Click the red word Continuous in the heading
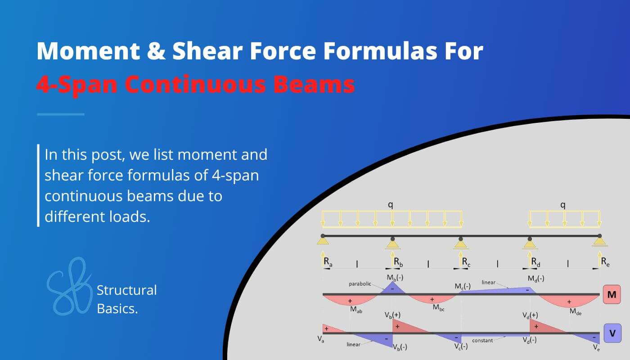coord(215,84)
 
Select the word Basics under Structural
coord(117,308)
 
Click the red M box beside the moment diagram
coord(612,295)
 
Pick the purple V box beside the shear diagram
coord(612,333)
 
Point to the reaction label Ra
coord(328,262)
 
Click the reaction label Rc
coord(465,262)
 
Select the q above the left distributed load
coord(391,205)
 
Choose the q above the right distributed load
coord(562,205)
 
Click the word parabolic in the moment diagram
coord(360,284)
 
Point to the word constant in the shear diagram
coord(482,341)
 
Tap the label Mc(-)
coord(462,286)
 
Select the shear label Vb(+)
coord(392,315)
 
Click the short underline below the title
coord(60,114)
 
